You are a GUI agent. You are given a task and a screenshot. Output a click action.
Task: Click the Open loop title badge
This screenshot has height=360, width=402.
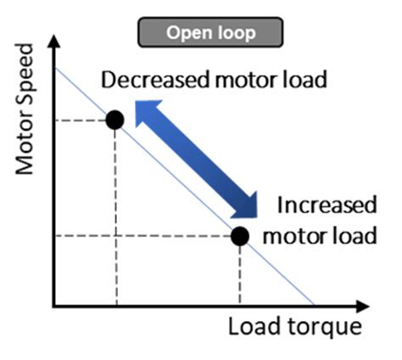pyautogui.click(x=210, y=33)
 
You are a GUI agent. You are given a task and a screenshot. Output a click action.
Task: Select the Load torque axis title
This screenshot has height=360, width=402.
pyautogui.click(x=294, y=327)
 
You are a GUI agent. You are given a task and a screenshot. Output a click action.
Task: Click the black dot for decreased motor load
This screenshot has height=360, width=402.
pyautogui.click(x=115, y=120)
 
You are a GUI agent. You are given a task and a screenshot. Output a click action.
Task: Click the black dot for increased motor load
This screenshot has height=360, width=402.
pyautogui.click(x=240, y=235)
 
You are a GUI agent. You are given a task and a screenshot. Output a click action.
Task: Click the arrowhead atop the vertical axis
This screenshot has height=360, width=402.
pyautogui.click(x=54, y=40)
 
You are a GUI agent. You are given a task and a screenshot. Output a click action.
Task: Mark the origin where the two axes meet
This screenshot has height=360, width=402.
pyautogui.click(x=54, y=305)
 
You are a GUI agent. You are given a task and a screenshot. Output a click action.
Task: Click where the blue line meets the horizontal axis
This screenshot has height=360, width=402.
pyautogui.click(x=315, y=304)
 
